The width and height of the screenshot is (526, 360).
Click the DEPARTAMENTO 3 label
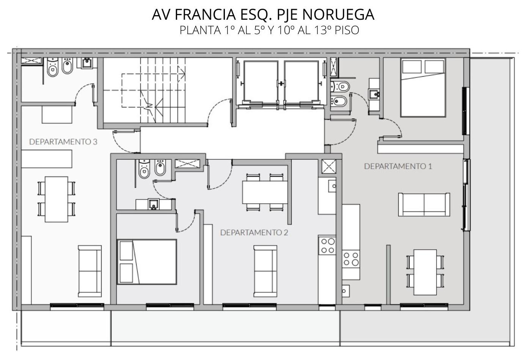click(x=63, y=142)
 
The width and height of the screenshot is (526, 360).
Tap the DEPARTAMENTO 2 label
click(x=254, y=233)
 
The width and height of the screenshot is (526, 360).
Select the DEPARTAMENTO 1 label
click(x=398, y=166)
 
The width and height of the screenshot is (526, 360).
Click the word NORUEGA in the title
click(x=338, y=14)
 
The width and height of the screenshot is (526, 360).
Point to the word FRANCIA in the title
click(x=206, y=14)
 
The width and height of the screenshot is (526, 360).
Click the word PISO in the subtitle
click(x=347, y=30)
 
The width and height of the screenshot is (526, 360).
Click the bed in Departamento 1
click(x=423, y=87)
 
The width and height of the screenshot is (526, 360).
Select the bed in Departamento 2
click(x=147, y=262)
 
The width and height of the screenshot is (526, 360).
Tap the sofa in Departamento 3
click(x=90, y=271)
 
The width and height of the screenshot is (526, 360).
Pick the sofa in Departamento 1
click(x=424, y=204)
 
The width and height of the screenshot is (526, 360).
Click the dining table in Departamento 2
click(x=265, y=192)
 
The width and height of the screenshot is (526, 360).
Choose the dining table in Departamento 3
click(x=57, y=200)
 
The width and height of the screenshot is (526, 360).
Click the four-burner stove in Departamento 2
click(x=327, y=246)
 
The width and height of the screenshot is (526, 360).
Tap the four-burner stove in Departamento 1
click(x=351, y=259)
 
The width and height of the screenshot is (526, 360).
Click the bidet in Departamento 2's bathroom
click(x=160, y=167)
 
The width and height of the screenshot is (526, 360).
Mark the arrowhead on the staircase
click(x=182, y=74)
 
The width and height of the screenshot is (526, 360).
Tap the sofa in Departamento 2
click(x=265, y=271)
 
